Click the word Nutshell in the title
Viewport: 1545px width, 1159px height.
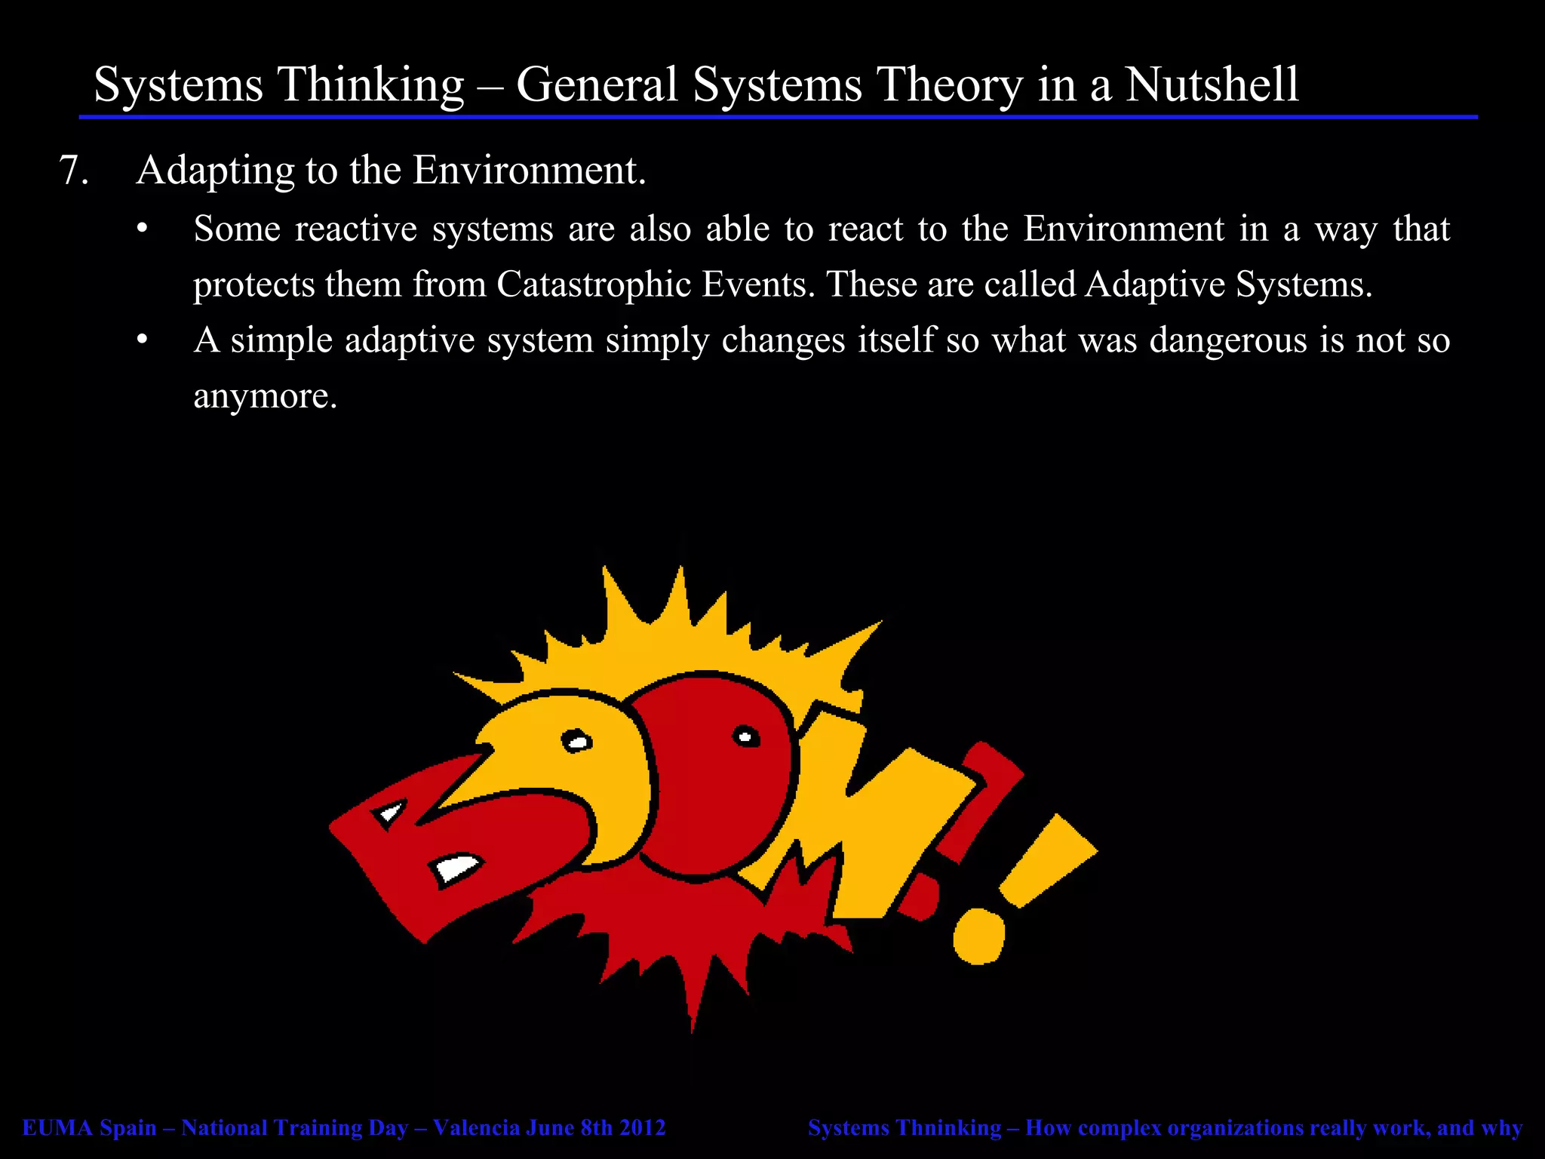click(1212, 84)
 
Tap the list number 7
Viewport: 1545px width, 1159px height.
click(73, 170)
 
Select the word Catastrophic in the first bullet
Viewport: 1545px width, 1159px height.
click(594, 284)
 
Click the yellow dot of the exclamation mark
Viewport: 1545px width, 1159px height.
click(978, 936)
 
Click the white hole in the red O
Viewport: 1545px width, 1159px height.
click(745, 736)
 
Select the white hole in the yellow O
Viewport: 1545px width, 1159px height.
click(577, 742)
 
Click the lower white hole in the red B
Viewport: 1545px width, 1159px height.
click(456, 868)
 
